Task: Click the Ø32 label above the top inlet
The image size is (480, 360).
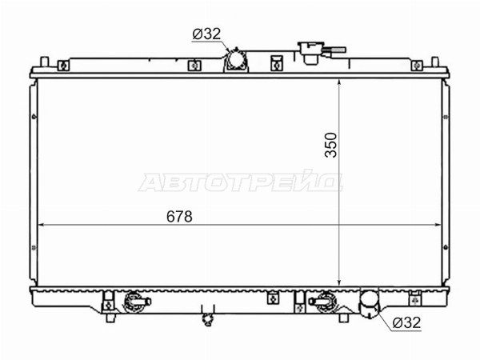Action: [206, 34]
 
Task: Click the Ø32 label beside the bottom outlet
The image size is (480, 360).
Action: [407, 322]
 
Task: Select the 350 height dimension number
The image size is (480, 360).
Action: [331, 145]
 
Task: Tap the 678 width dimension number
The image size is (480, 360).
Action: [179, 217]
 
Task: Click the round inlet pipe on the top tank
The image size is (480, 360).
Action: [236, 59]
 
